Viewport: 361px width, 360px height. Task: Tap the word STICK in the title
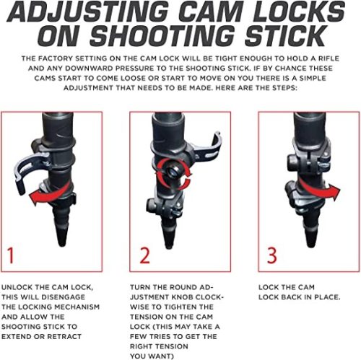285,36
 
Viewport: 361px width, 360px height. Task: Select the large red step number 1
10,255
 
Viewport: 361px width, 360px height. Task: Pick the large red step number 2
144,255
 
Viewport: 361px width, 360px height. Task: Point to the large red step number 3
272,255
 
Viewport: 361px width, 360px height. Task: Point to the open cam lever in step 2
207,149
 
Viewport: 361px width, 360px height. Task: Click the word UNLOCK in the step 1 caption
17,287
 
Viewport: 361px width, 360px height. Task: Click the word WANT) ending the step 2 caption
163,356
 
